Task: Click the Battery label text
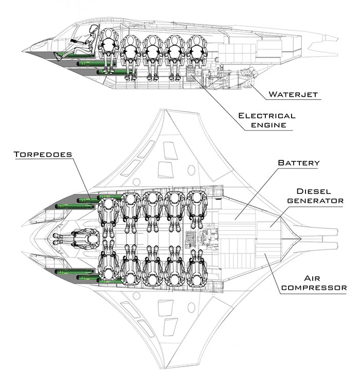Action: pos(299,163)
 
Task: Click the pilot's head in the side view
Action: pos(93,30)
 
